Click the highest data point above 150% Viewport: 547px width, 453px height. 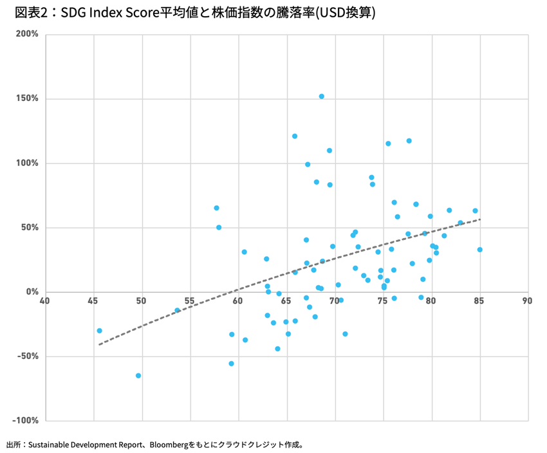click(321, 97)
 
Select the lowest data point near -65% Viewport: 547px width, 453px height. click(138, 376)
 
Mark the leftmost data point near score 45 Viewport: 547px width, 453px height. click(99, 331)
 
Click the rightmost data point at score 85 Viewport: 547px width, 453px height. click(479, 250)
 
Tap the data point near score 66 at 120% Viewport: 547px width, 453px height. click(295, 136)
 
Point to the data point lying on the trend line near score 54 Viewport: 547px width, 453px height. click(178, 310)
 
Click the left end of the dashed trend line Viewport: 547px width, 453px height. click(99, 344)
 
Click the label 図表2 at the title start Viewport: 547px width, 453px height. click(28, 12)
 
